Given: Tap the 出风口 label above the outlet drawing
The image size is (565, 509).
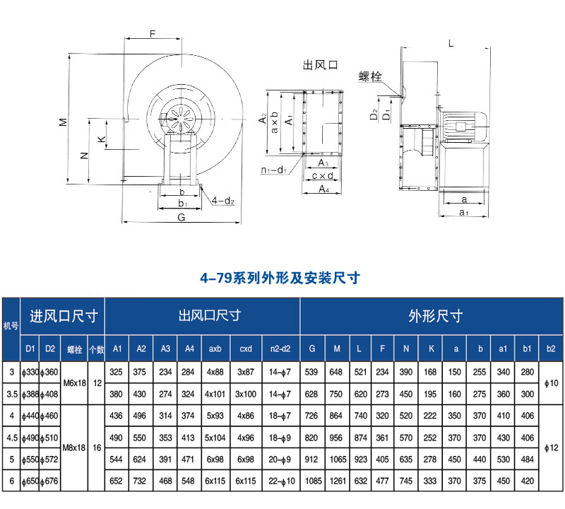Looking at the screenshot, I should click(320, 65).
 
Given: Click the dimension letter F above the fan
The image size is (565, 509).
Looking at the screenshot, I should click(153, 33).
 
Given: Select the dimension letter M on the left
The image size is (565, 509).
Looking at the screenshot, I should click(64, 122).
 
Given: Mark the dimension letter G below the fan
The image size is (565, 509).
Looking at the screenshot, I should click(182, 218).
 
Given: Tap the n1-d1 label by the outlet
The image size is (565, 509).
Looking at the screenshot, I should click(273, 170).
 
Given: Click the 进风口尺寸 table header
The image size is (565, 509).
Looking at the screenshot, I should click(63, 316).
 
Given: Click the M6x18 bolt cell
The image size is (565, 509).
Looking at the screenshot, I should click(73, 382).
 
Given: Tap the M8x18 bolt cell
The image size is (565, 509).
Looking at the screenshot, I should click(73, 447).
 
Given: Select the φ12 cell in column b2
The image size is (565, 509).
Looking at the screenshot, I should click(552, 447).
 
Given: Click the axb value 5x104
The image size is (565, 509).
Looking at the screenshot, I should click(214, 438).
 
